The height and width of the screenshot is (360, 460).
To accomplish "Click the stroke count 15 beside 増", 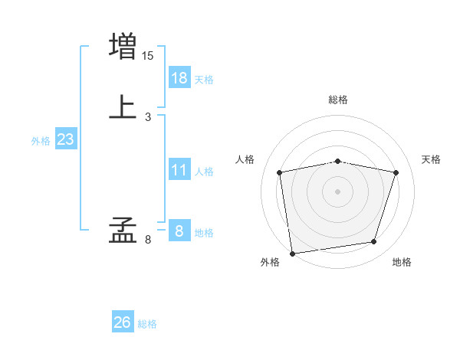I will (148, 56).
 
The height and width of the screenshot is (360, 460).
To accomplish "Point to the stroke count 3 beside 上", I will (148, 117).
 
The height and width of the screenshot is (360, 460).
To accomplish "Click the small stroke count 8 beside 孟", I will (148, 240).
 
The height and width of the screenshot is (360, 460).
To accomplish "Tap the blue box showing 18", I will (179, 78).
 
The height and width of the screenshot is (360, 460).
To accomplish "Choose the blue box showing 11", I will (179, 170).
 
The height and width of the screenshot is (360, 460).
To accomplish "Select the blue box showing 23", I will (65, 139).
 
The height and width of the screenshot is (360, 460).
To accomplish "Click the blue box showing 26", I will (123, 322).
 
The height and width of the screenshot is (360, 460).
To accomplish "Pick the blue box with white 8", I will (179, 231).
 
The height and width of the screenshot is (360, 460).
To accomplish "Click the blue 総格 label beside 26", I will (147, 324).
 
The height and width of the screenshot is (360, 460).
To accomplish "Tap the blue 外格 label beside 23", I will (41, 141).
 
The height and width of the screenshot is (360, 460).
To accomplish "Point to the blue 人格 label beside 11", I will (205, 172).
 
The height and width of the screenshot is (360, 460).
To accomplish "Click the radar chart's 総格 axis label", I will (338, 100).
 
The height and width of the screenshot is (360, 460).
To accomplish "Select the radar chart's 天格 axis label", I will (432, 159).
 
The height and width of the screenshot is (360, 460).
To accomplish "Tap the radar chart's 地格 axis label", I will (402, 262).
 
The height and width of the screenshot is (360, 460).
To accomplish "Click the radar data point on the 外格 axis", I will (292, 253).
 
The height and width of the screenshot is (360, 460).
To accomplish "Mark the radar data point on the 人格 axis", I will (279, 172).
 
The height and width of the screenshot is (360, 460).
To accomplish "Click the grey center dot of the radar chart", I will (338, 191).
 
